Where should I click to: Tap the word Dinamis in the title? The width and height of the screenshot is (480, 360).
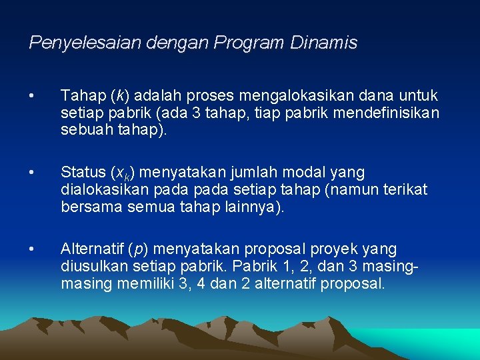pyautogui.click(x=324, y=43)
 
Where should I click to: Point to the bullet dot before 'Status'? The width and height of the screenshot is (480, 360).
pyautogui.click(x=32, y=173)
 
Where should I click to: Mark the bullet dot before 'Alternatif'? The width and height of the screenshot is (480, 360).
pyautogui.click(x=32, y=249)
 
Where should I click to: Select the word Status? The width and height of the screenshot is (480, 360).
pyautogui.click(x=82, y=173)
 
